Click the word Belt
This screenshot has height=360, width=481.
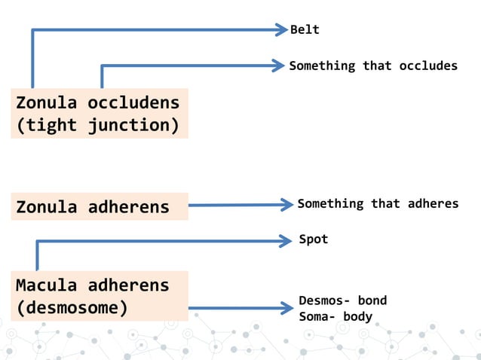coord(305,30)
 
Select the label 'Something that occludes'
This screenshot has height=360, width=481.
coord(373,66)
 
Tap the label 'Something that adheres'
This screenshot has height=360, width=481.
coord(378,203)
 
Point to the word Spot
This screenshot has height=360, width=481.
coord(314,239)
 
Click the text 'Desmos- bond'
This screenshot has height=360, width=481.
coord(342,301)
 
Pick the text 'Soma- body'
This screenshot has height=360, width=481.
coord(335,316)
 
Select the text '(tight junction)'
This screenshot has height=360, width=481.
coord(98,124)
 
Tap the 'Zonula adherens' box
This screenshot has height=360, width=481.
coord(99,206)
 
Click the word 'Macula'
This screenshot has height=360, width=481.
coord(47,285)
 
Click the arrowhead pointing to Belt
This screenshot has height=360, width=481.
coord(283,30)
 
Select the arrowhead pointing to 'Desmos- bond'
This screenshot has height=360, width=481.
coord(286,308)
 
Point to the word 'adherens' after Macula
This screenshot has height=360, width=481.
coord(128,285)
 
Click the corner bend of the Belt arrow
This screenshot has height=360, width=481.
coord(32,31)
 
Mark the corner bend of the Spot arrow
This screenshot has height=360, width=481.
coord(37,242)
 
